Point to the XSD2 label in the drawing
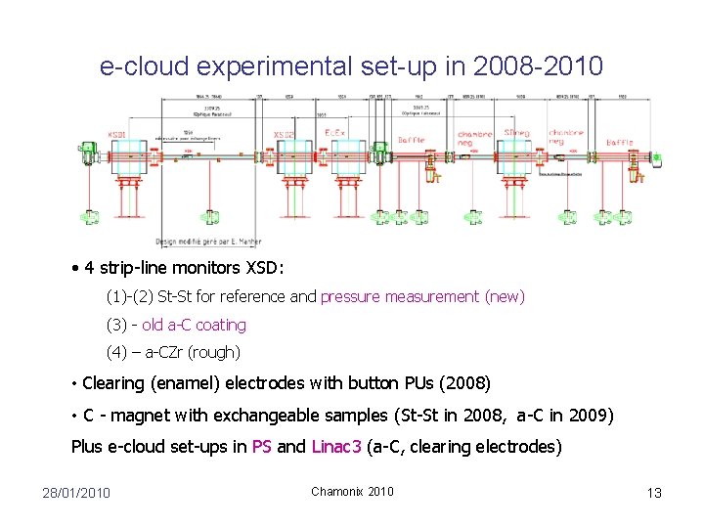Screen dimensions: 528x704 285,134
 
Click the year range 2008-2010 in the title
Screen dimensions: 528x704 538,66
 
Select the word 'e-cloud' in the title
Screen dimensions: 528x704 143,66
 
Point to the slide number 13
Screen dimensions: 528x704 654,492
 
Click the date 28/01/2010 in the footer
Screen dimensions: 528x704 76,492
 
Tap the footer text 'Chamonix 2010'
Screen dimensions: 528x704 352,491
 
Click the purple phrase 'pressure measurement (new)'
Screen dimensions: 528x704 422,296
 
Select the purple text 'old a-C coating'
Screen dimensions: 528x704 194,325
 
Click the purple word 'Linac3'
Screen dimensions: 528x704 336,447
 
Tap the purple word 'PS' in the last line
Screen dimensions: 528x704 261,447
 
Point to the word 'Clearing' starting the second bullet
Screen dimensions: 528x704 114,382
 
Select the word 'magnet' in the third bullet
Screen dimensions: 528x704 142,416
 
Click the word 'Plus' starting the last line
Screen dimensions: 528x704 87,447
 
